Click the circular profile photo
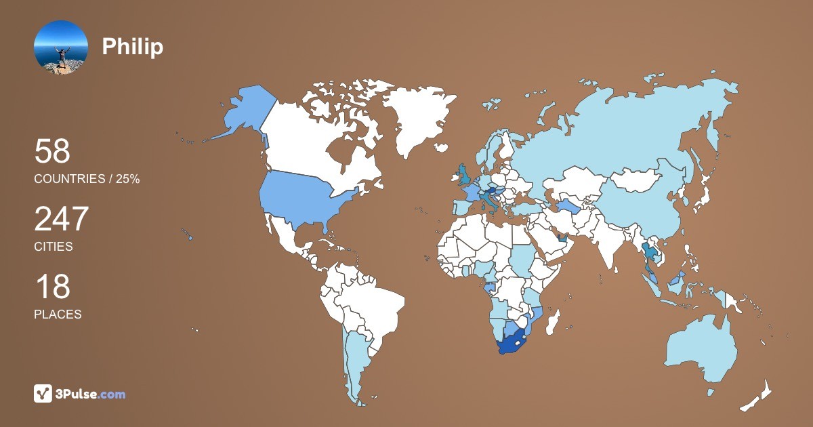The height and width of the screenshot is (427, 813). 61,47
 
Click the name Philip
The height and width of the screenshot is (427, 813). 133,47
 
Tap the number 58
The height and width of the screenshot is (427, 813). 52,151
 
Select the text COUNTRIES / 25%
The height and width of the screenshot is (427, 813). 87,179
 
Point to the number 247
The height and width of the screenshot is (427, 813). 62,219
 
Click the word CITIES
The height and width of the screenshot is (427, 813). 54,247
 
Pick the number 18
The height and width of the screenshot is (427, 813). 52,287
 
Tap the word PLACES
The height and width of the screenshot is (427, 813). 58,314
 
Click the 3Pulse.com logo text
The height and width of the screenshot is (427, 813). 91,394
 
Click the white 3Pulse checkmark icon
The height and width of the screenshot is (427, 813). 43,394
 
